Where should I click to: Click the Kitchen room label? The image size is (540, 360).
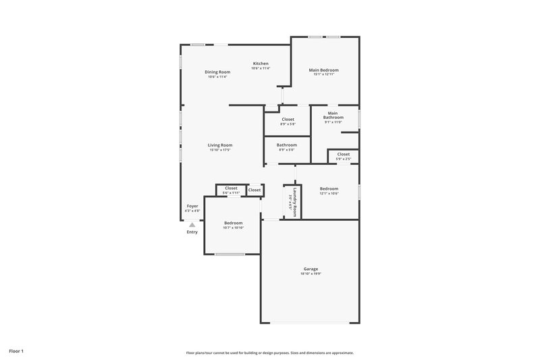261,63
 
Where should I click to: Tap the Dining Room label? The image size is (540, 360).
217,72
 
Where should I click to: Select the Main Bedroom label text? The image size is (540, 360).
324,70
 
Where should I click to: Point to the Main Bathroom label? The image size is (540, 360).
333,115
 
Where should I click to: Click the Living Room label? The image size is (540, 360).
220,145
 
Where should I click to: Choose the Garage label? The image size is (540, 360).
310,269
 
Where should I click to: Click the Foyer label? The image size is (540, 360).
192,206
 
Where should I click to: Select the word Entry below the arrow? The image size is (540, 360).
192,232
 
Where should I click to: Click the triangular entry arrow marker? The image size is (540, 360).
192,225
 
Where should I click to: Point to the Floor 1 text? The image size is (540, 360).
16,351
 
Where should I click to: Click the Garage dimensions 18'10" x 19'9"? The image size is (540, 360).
310,274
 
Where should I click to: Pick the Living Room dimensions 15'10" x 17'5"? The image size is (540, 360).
220,149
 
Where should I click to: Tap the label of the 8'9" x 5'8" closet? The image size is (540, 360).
288,119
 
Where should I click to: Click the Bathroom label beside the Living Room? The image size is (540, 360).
287,145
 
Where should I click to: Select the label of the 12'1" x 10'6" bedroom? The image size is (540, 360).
329,188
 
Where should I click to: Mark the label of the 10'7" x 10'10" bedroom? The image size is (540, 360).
233,223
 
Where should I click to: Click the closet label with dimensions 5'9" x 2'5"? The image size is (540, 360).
344,154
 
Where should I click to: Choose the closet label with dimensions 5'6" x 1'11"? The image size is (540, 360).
231,188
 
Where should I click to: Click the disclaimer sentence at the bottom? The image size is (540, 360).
270,353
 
